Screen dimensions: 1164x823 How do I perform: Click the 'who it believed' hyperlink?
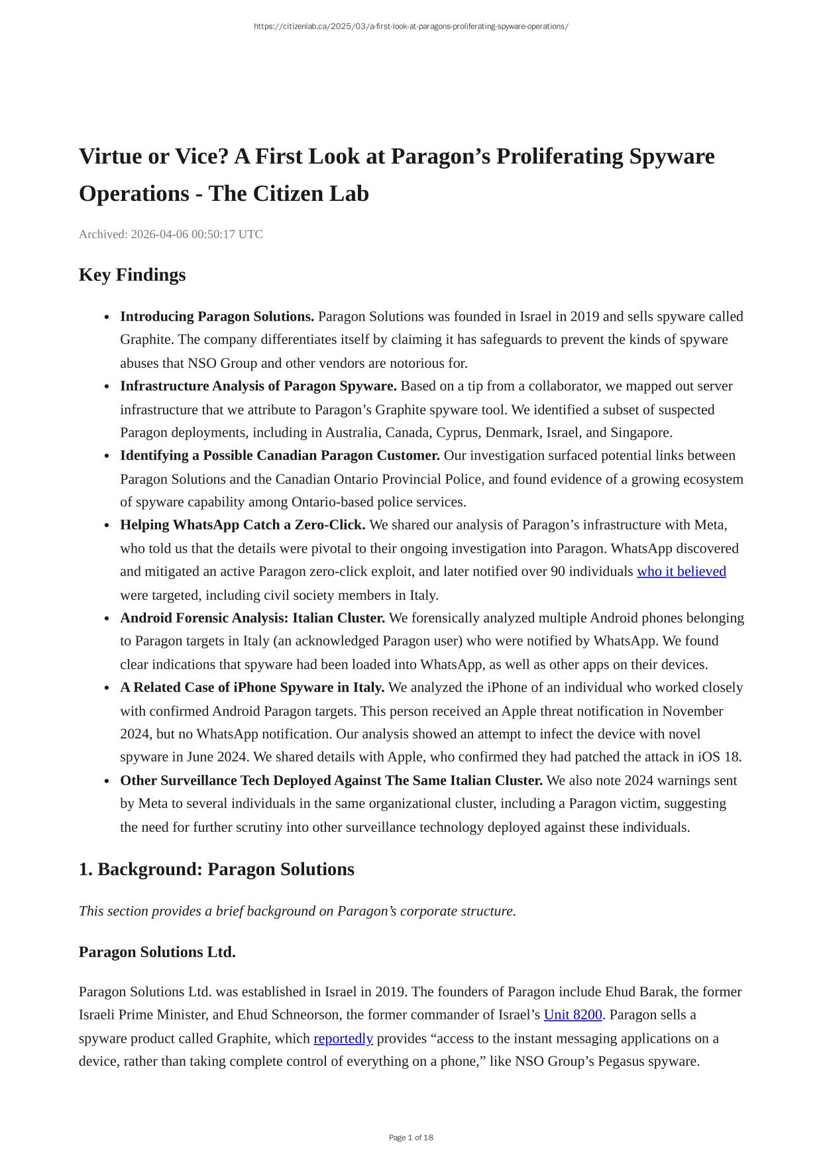pyautogui.click(x=681, y=571)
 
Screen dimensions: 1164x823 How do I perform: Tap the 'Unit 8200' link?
pyautogui.click(x=573, y=1015)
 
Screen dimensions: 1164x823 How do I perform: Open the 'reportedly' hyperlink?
pyautogui.click(x=343, y=1038)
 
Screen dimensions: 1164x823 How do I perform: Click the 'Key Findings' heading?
pyautogui.click(x=132, y=274)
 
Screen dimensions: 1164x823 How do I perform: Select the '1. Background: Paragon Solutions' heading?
pyautogui.click(x=216, y=869)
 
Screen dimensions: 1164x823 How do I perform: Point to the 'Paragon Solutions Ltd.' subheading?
pyautogui.click(x=157, y=952)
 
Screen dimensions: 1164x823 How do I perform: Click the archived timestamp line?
pyautogui.click(x=170, y=234)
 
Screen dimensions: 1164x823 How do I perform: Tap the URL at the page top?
pyautogui.click(x=411, y=27)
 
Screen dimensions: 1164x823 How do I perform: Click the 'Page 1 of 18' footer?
pyautogui.click(x=411, y=1137)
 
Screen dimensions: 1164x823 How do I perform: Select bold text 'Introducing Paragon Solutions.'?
pyautogui.click(x=217, y=316)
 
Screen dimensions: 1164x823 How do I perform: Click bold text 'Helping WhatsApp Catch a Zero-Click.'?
pyautogui.click(x=243, y=525)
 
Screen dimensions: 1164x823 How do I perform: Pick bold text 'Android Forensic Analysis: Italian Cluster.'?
pyautogui.click(x=252, y=618)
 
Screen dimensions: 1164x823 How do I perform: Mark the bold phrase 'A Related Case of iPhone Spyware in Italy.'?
pyautogui.click(x=252, y=687)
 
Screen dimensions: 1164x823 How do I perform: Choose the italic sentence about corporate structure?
pyautogui.click(x=297, y=911)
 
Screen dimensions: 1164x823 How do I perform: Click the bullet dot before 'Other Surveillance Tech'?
pyautogui.click(x=107, y=781)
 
